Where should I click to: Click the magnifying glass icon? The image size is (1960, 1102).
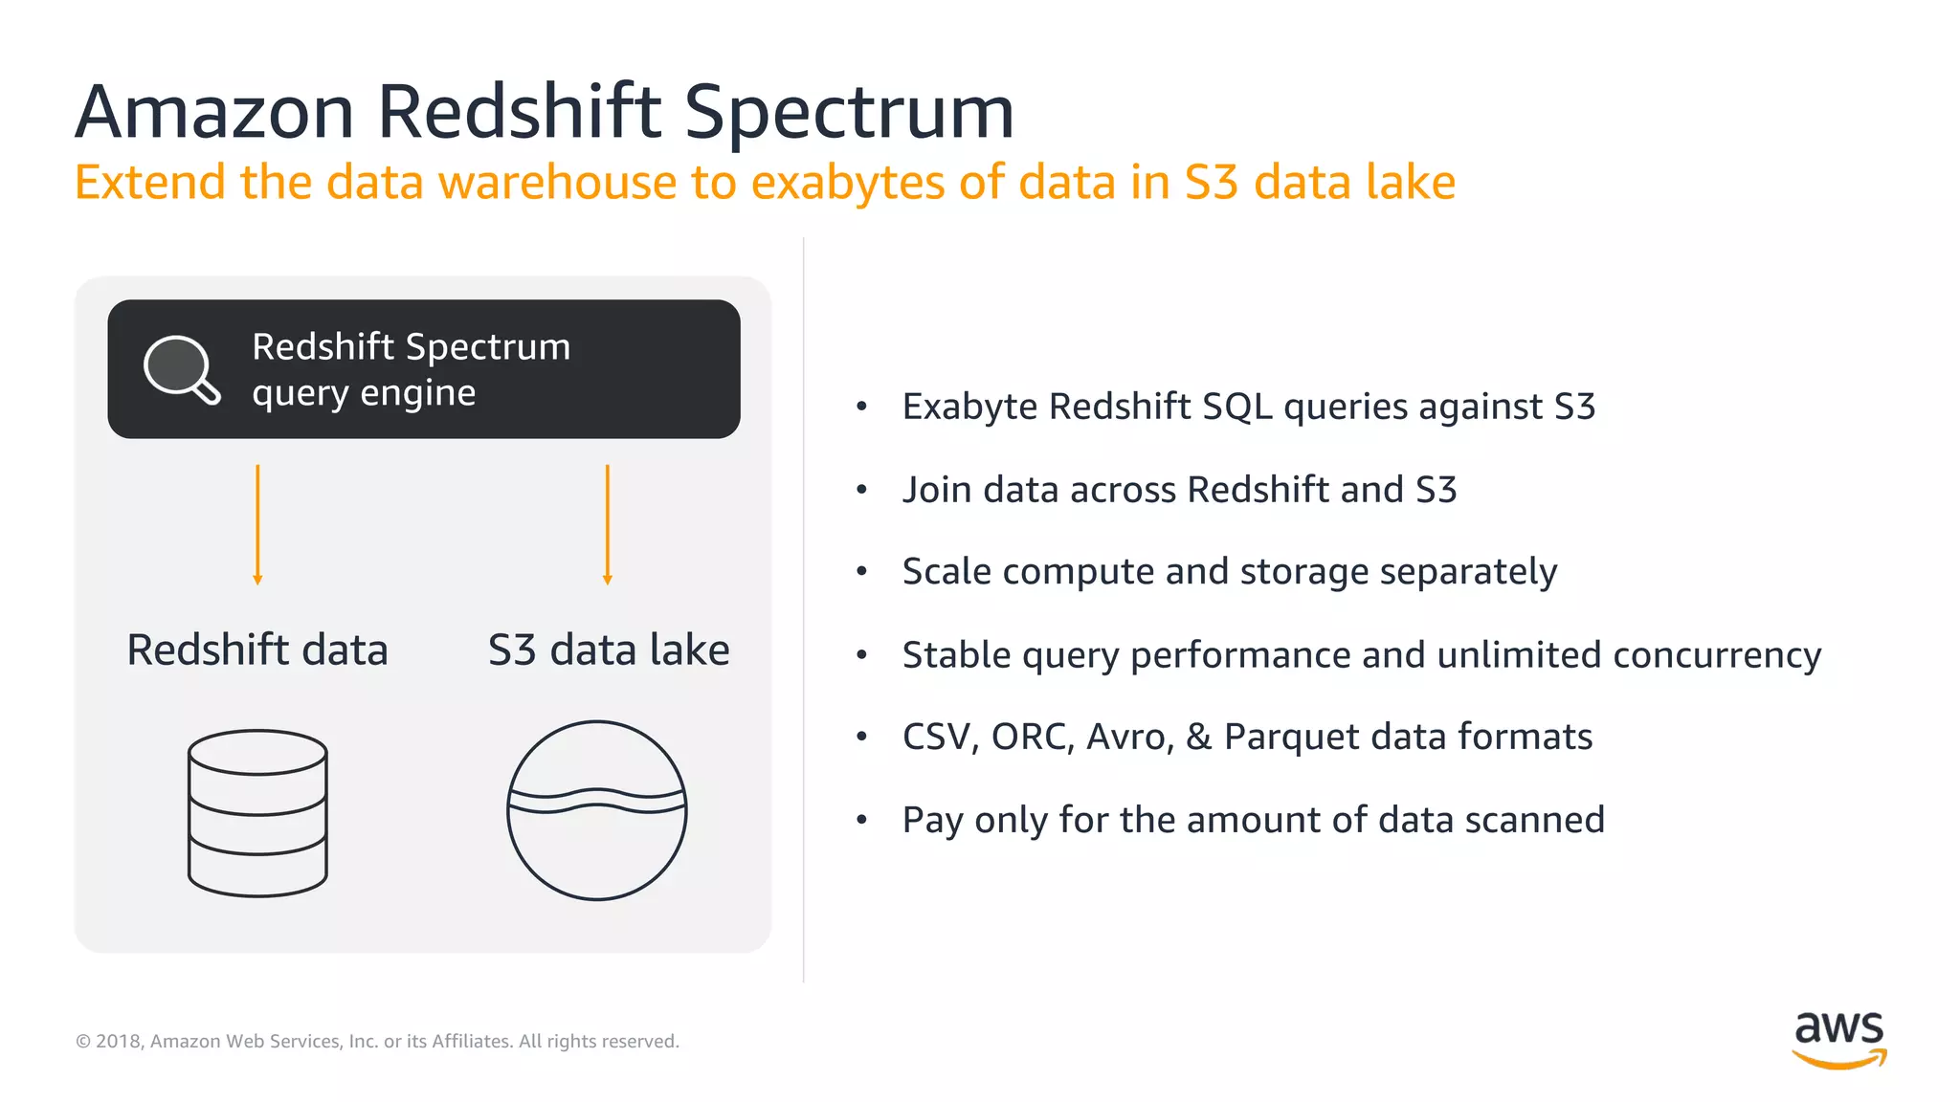(181, 370)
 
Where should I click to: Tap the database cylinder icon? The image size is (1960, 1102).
(257, 813)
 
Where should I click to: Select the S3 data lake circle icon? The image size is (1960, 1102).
(597, 810)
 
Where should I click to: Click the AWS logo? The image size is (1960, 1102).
(1838, 1039)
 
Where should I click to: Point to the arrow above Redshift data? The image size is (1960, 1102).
(257, 524)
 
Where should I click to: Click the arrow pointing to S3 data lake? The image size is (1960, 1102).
(607, 524)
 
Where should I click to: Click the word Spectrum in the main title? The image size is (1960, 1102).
(849, 112)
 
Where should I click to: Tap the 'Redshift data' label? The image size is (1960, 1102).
(257, 650)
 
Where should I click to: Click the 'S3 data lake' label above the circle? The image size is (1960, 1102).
(609, 650)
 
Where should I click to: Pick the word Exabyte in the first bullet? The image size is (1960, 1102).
(969, 408)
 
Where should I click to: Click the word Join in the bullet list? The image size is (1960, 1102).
(936, 490)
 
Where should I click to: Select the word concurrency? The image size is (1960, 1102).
(1717, 655)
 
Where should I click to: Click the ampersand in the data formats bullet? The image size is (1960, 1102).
(1199, 738)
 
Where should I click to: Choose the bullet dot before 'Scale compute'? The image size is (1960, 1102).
(861, 572)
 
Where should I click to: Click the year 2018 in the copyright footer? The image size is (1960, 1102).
(119, 1041)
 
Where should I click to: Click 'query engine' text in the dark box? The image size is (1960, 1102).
(364, 393)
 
